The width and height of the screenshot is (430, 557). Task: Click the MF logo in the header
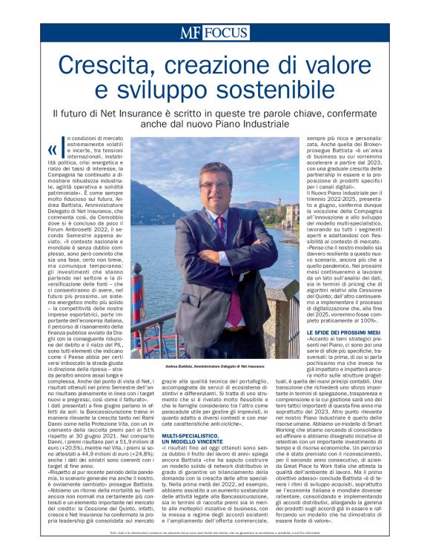(192, 33)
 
